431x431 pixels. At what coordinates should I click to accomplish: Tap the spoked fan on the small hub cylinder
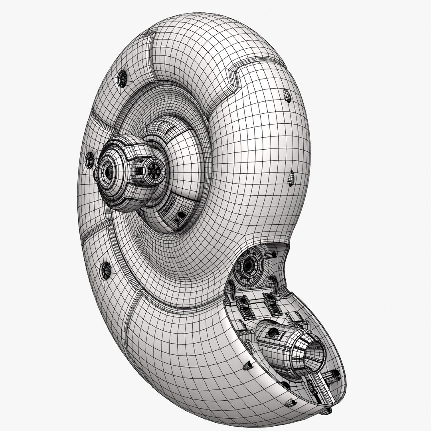153,171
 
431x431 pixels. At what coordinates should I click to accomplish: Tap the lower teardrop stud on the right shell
291,178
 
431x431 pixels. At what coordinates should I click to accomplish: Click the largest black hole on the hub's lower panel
182,215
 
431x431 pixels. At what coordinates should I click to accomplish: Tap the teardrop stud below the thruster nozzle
286,384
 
